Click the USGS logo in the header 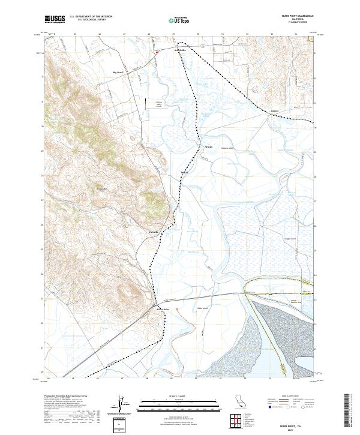[x=55, y=19]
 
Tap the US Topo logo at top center [x=179, y=20]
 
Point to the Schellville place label [x=181, y=50]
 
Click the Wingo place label [x=192, y=146]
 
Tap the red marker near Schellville [x=157, y=52]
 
